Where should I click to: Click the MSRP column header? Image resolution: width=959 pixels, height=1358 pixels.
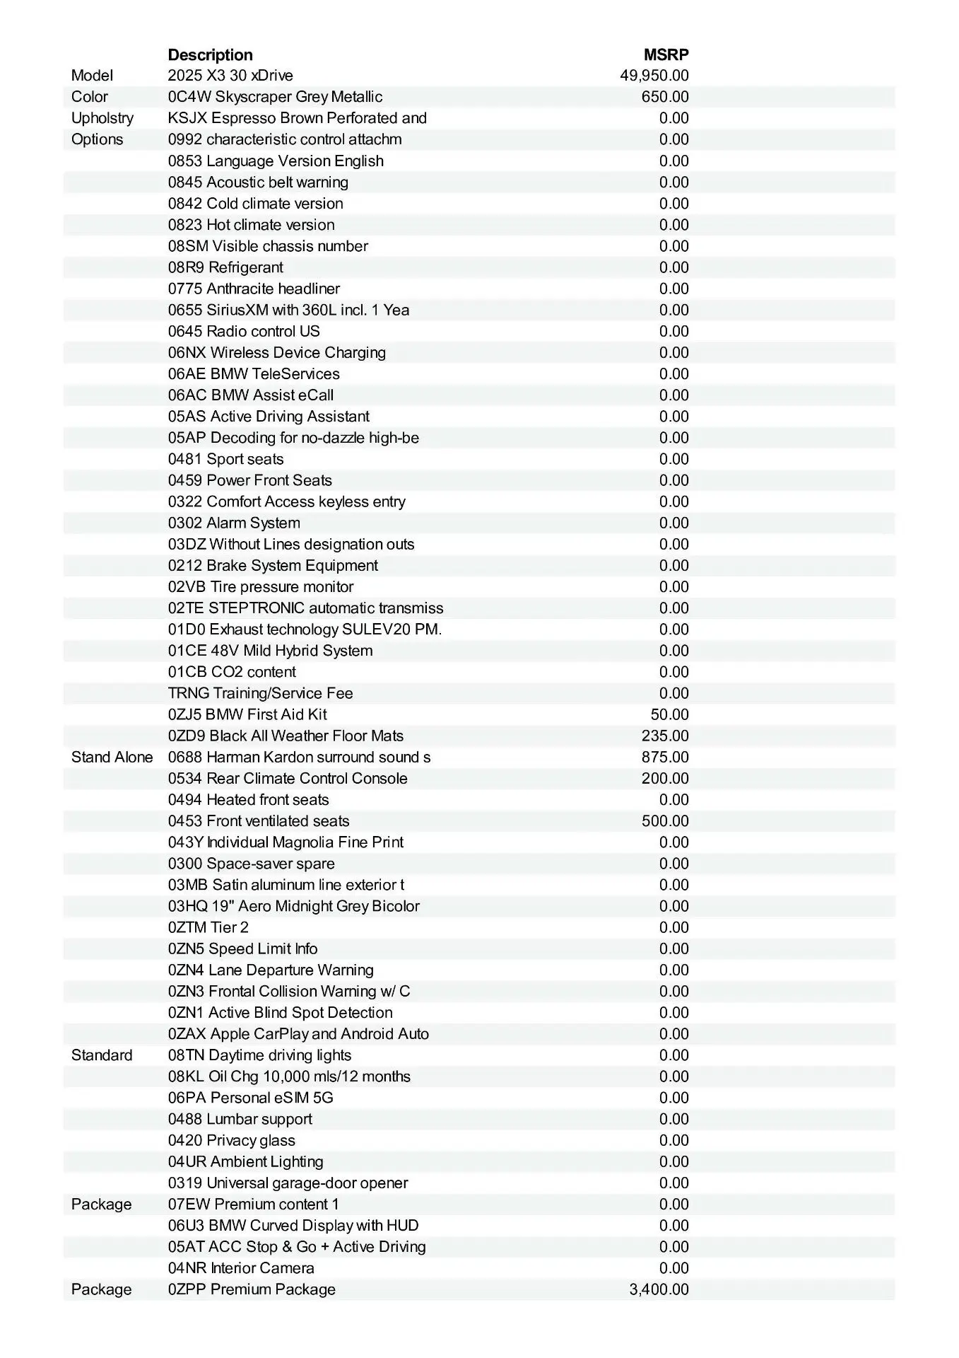point(666,54)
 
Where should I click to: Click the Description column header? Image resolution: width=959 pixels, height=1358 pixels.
point(210,54)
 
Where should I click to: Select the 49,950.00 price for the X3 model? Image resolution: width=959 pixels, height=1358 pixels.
point(654,76)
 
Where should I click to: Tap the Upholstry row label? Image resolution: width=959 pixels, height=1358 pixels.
point(102,118)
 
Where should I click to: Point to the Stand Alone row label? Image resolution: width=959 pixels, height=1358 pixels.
point(112,757)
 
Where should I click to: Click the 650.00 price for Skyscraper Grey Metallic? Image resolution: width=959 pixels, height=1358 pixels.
point(664,97)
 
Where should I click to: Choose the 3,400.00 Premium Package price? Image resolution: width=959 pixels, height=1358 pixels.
point(659,1289)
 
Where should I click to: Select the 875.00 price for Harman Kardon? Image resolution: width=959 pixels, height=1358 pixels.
point(664,757)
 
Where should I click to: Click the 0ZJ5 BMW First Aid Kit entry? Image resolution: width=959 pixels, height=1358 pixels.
point(247,714)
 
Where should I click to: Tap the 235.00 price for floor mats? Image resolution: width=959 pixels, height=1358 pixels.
point(664,736)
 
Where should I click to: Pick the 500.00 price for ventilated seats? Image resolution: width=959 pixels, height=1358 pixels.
point(664,820)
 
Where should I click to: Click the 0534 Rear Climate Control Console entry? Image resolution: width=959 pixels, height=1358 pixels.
point(288,778)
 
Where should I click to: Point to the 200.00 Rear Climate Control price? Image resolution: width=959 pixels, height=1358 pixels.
point(664,778)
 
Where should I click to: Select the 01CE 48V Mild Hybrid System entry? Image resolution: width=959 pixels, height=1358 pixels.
point(270,651)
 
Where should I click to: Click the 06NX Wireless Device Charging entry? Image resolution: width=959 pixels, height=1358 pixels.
point(276,352)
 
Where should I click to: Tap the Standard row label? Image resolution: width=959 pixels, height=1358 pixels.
point(102,1055)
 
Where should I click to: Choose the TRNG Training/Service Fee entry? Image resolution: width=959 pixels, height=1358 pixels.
point(260,693)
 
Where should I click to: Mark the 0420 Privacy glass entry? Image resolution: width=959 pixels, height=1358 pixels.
point(231,1140)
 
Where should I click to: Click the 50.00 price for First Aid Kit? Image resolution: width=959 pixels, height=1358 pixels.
point(669,714)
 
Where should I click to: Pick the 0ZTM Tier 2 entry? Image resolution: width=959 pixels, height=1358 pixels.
point(208,927)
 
